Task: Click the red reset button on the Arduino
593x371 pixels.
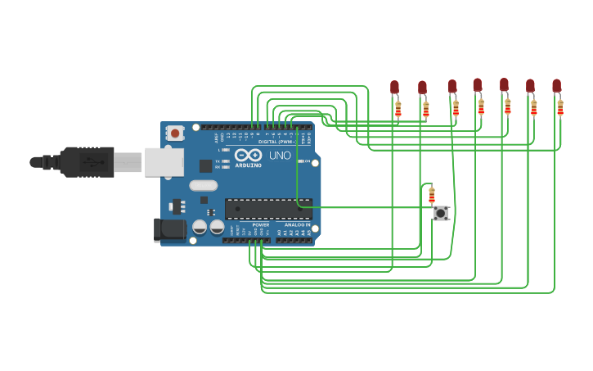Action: click(175, 133)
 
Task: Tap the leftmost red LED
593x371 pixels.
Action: click(394, 86)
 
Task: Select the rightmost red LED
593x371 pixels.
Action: click(556, 85)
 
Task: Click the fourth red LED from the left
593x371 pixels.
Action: click(477, 84)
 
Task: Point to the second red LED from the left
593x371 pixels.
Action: click(422, 87)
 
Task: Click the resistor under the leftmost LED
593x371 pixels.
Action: click(398, 108)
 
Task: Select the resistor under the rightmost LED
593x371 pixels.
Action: click(560, 107)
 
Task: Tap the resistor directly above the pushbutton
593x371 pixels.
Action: click(432, 195)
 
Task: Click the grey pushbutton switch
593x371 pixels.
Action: click(441, 213)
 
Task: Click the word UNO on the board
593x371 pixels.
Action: click(280, 155)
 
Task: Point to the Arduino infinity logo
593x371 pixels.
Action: click(248, 155)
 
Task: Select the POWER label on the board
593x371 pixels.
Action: click(260, 224)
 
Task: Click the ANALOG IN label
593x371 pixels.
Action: click(297, 224)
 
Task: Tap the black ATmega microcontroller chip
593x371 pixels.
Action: click(267, 208)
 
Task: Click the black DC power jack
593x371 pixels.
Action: click(170, 229)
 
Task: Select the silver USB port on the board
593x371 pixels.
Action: click(164, 162)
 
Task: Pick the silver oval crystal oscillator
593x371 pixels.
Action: click(203, 185)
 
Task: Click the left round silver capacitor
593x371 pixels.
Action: click(200, 226)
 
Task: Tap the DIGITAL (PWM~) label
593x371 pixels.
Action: click(276, 142)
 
